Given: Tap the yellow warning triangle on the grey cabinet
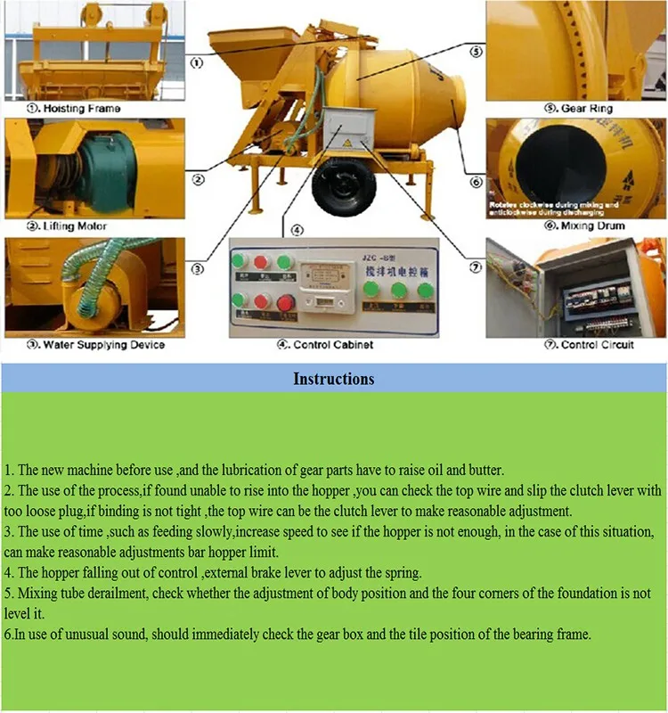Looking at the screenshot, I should (x=346, y=143).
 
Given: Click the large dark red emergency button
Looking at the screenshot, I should (x=285, y=303).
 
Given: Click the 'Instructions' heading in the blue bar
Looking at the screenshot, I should (x=334, y=379).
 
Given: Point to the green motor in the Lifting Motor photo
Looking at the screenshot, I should (x=89, y=170).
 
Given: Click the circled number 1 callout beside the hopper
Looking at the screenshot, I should (x=196, y=63).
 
